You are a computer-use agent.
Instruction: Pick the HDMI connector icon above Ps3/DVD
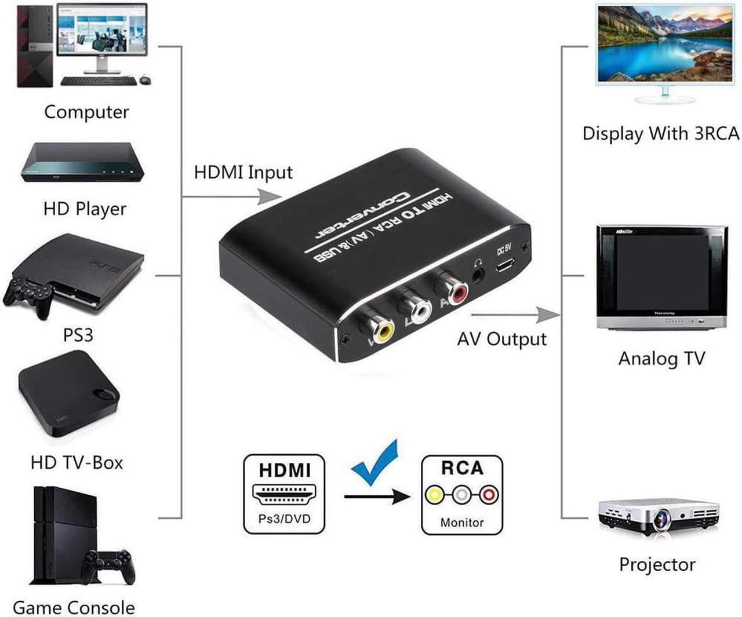(284, 495)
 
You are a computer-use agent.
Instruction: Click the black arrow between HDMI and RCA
(377, 496)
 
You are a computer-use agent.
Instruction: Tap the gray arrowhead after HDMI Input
(269, 197)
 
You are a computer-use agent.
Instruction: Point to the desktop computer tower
(35, 46)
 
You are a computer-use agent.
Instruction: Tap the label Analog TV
(661, 359)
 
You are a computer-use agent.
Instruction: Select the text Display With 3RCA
(661, 134)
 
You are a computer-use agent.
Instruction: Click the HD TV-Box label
(77, 462)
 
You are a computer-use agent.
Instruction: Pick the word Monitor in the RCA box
(461, 523)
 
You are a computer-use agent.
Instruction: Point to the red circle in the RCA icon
(489, 495)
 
